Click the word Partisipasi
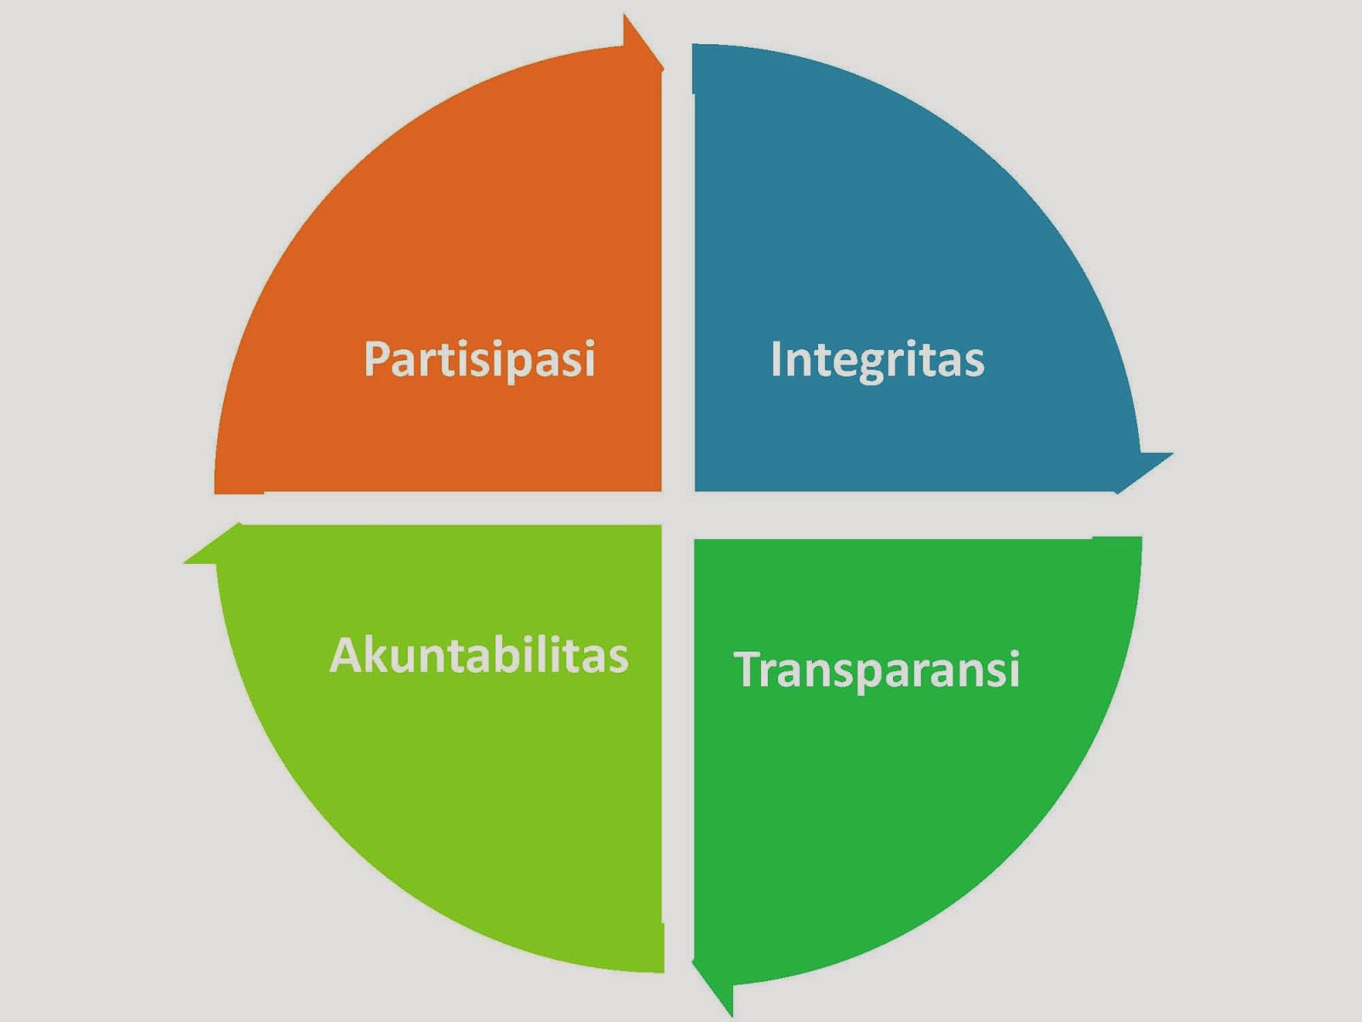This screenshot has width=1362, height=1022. click(479, 359)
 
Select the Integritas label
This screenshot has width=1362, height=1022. click(877, 359)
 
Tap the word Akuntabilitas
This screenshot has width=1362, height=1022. click(478, 656)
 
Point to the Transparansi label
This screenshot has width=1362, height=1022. click(877, 669)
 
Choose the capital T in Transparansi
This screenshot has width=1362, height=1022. click(749, 669)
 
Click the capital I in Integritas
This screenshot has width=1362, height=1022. click(776, 359)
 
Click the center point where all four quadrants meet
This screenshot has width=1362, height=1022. click(678, 511)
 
